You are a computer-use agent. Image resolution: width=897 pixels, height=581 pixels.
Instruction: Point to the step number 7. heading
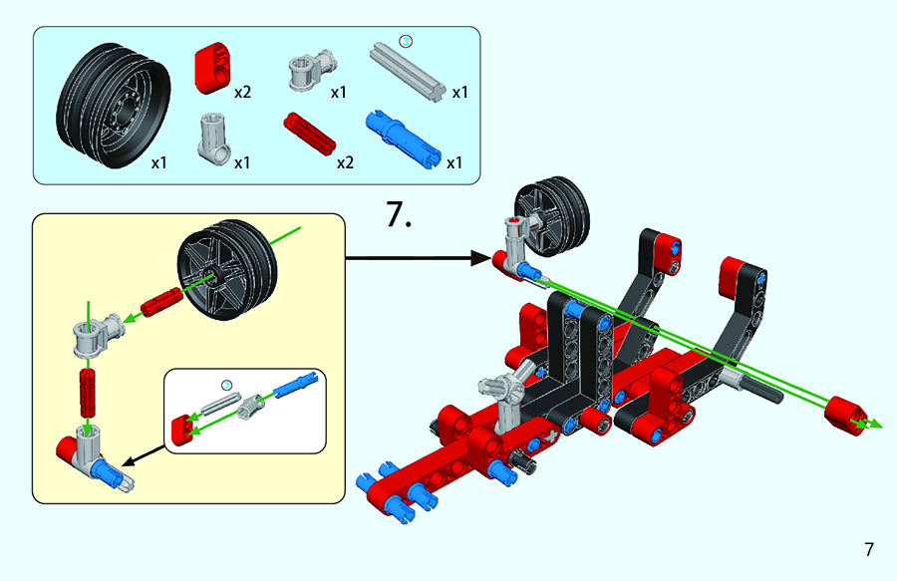point(399,215)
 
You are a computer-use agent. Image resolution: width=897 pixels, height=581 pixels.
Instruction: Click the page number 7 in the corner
point(869,549)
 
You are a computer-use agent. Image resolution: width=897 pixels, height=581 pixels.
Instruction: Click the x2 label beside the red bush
point(242,93)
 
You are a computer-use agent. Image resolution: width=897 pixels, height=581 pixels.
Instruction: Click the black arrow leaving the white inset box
point(146,453)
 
